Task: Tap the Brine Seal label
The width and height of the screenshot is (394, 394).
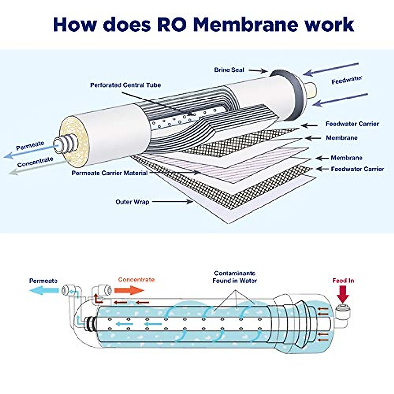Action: tap(229, 70)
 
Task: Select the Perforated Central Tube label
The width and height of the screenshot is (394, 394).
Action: tap(125, 85)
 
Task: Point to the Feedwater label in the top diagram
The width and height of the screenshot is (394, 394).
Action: tap(346, 80)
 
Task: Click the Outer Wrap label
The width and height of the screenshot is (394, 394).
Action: tap(132, 202)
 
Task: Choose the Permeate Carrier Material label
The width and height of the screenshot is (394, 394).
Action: tap(110, 173)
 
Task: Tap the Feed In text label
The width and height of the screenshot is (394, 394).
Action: tap(343, 281)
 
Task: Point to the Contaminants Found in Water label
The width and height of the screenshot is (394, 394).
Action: tap(234, 277)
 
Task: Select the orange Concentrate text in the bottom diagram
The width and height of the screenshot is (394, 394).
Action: tap(136, 280)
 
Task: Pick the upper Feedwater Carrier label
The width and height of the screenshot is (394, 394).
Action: tap(352, 124)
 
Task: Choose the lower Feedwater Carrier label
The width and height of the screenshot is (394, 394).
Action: tap(357, 169)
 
